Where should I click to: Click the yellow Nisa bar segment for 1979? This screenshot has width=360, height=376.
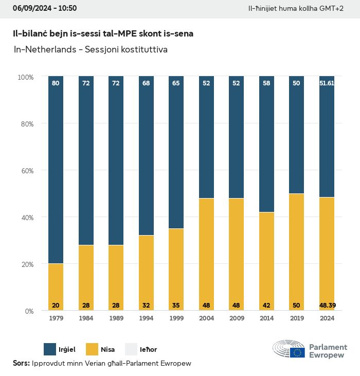(x=56, y=287)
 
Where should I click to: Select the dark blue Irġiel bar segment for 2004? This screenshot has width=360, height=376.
(x=206, y=137)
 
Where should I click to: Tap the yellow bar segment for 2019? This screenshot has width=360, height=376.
(x=297, y=252)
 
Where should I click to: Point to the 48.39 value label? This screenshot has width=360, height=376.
(x=327, y=306)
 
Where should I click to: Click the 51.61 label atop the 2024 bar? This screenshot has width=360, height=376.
(x=327, y=83)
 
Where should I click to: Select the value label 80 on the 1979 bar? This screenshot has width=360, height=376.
(x=56, y=83)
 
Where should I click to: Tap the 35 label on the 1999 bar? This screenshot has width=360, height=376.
(x=176, y=306)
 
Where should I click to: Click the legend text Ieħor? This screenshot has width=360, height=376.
(x=149, y=350)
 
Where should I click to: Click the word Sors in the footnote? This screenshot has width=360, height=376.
(x=21, y=363)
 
